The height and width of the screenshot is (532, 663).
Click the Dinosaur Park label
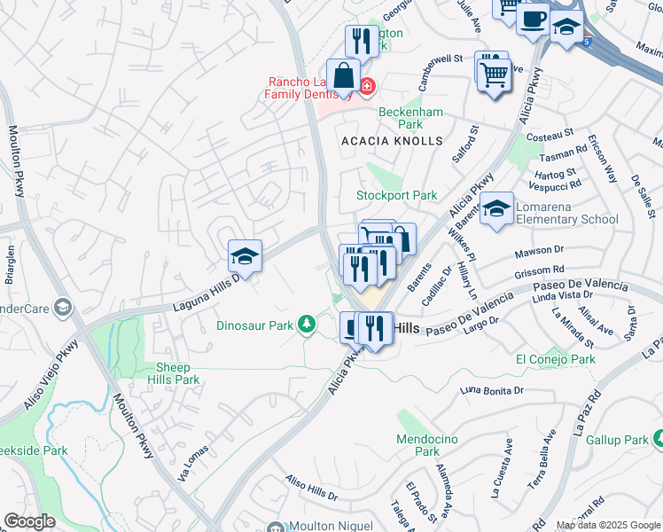(x=254, y=325)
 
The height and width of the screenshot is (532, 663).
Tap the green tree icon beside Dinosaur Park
(x=306, y=325)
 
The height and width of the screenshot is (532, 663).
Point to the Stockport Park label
(x=397, y=195)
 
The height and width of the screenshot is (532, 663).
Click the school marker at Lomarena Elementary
(x=497, y=209)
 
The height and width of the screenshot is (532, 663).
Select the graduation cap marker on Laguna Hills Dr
(x=245, y=257)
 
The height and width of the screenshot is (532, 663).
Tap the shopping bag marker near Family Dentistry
(x=343, y=76)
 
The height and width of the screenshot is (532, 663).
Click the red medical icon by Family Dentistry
(x=367, y=86)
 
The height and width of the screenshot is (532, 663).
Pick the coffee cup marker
(x=534, y=19)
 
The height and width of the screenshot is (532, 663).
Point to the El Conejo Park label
(x=556, y=360)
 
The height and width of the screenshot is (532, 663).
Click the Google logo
(x=29, y=521)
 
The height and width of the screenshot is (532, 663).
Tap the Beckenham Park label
(x=410, y=118)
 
